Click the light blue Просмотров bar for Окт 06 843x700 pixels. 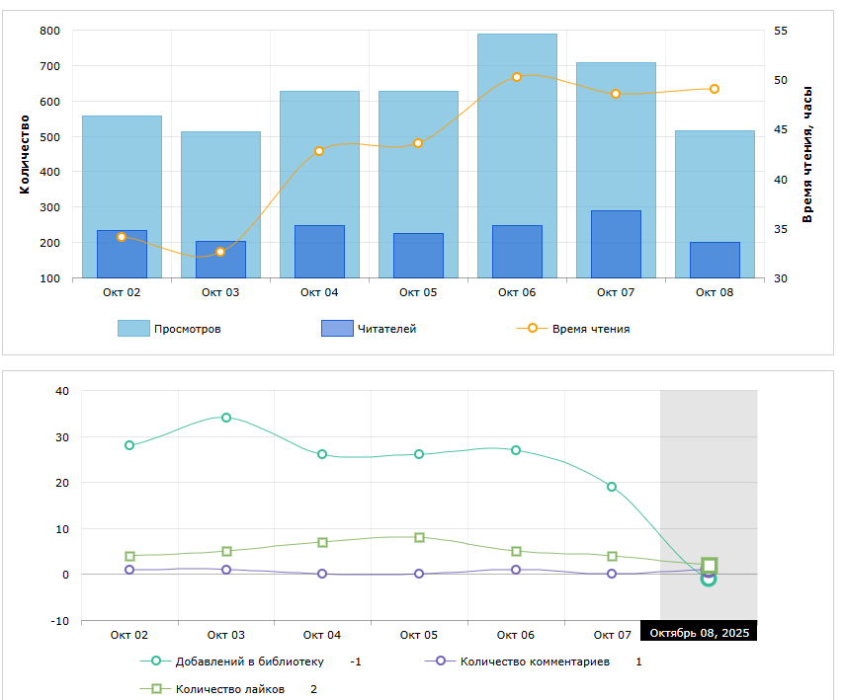point(517,128)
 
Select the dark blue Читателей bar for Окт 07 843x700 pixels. point(616,244)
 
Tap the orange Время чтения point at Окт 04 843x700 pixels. point(319,151)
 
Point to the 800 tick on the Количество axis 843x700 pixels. point(49,31)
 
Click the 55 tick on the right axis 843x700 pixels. point(781,31)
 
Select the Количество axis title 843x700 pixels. point(25,154)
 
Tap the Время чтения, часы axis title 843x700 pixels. point(807,154)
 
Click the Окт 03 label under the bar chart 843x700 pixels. point(220,292)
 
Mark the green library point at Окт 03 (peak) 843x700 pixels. point(226,418)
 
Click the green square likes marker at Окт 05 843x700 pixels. point(419,538)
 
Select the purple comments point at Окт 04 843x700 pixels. point(322,574)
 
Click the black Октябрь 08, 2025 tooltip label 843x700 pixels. point(699,633)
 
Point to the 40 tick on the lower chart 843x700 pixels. point(62,391)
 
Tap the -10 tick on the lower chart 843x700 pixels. point(60,621)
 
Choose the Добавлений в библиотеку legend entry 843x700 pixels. point(248,661)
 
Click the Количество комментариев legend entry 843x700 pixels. point(534,661)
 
